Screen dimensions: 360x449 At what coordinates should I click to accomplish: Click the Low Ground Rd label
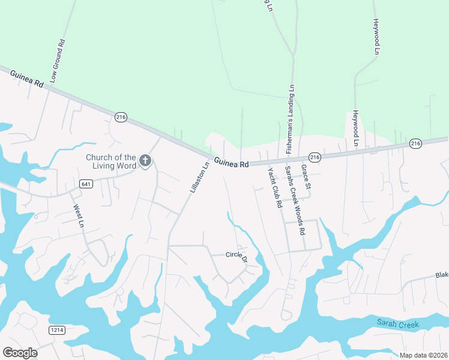click(x=57, y=61)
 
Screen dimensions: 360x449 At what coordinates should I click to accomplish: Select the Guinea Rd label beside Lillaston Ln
click(x=231, y=163)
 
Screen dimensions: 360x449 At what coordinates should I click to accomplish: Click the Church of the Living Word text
click(x=110, y=161)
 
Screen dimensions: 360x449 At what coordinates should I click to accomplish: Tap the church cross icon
click(x=145, y=161)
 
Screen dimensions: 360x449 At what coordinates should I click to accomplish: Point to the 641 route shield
click(x=87, y=184)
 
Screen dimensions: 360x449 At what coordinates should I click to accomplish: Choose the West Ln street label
click(x=78, y=215)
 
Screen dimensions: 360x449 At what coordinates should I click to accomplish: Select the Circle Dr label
click(x=237, y=256)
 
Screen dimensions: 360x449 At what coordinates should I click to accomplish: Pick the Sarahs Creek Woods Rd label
click(x=295, y=200)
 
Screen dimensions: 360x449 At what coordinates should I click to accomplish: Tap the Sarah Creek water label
click(x=398, y=323)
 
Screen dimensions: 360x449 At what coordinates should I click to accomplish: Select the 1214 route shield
click(x=57, y=330)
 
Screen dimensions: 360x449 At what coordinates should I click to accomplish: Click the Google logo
click(x=20, y=352)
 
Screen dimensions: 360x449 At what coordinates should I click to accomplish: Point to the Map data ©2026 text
click(x=423, y=355)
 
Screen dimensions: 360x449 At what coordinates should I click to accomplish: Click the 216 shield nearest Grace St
click(x=316, y=157)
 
